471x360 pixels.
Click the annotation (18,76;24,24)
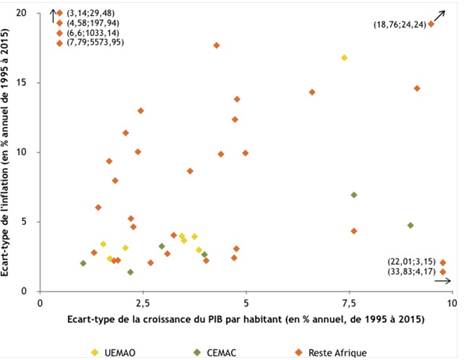(399, 25)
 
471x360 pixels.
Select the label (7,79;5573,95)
(95, 44)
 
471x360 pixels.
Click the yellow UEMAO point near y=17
(344, 58)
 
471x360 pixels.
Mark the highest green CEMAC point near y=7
(354, 195)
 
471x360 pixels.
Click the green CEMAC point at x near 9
(410, 225)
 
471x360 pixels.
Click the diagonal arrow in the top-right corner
(441, 14)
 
